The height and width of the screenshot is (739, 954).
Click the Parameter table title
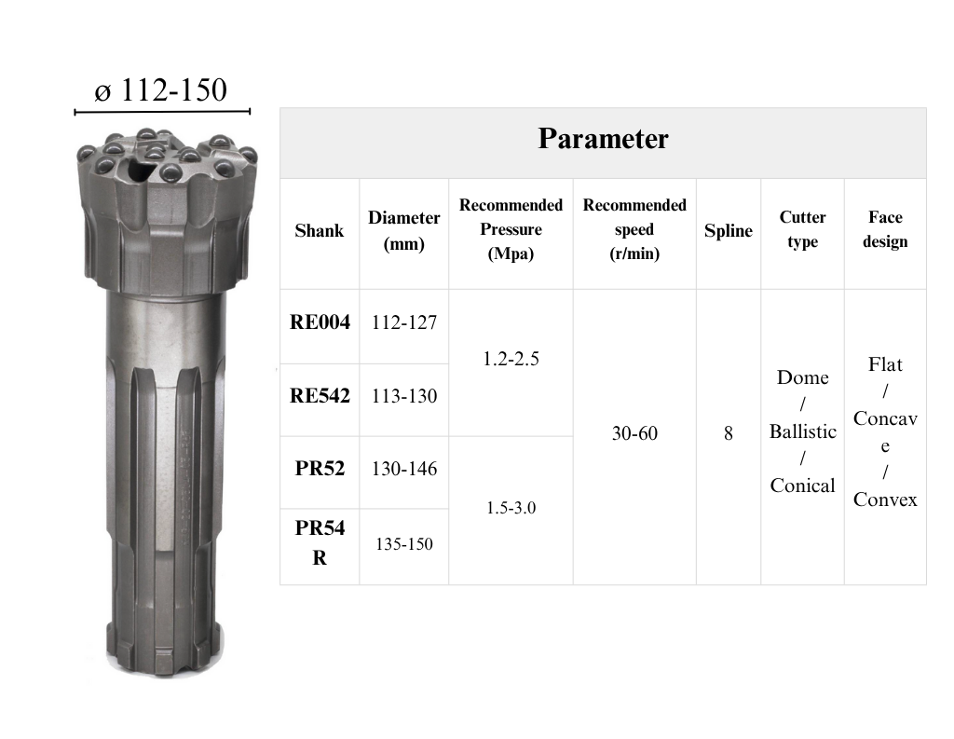point(603,139)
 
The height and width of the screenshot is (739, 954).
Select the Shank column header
point(320,231)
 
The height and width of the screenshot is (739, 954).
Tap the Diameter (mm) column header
point(404,231)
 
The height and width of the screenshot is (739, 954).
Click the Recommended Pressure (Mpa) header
point(511,229)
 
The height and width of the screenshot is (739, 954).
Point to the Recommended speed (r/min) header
point(634,229)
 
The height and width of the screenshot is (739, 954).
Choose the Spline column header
point(729,231)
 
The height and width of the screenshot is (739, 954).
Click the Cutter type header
point(802,229)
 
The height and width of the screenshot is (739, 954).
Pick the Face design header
point(885,229)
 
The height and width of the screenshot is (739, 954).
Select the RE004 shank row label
point(320,322)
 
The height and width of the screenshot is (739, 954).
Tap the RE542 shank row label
point(320,396)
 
